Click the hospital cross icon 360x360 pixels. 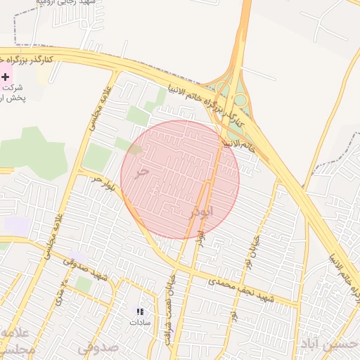(x=6, y=76)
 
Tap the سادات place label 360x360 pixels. (x=140, y=322)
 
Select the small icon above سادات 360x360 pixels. (x=140, y=311)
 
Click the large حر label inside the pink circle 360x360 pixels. (x=143, y=171)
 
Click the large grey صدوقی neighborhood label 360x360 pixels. (x=98, y=347)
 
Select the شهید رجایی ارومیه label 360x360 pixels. (x=63, y=4)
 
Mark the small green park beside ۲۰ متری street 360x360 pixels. (x=83, y=284)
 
